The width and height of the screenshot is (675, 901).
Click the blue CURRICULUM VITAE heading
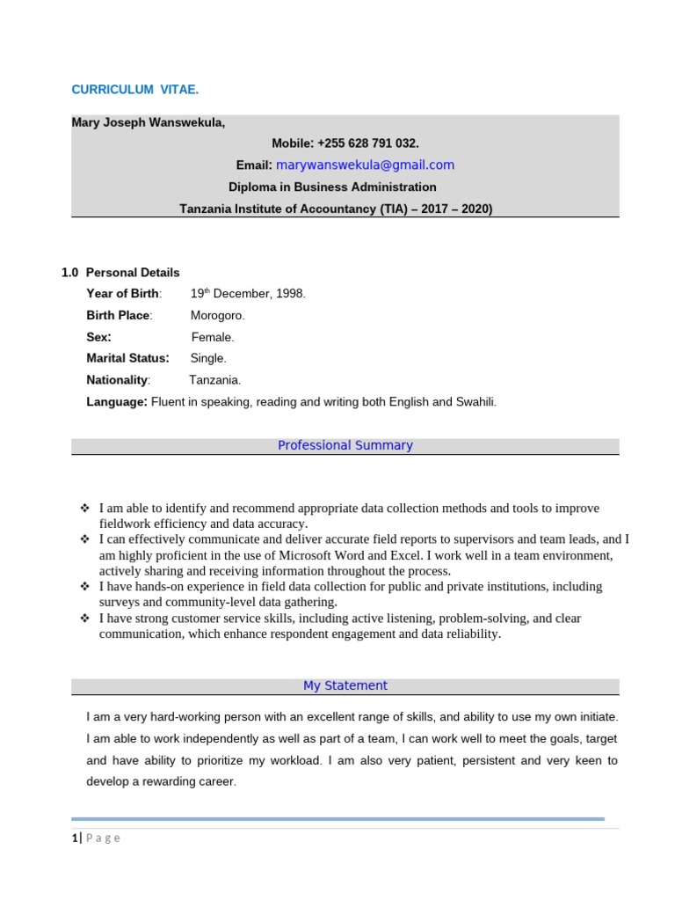click(134, 90)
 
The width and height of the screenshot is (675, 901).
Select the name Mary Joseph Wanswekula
click(148, 122)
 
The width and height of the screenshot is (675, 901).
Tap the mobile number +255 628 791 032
click(345, 143)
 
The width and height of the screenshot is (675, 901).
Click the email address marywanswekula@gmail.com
click(365, 165)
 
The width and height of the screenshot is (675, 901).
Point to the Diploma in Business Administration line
click(332, 187)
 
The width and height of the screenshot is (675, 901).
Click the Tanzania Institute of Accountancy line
click(336, 209)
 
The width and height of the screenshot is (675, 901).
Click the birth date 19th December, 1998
click(248, 294)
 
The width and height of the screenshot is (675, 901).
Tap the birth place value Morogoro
click(218, 315)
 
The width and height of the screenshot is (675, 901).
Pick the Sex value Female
click(213, 337)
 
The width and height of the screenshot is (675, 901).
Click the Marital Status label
click(127, 358)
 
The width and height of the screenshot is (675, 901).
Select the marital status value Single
click(208, 358)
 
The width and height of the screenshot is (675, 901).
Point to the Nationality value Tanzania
click(214, 380)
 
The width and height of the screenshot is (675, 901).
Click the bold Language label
click(116, 401)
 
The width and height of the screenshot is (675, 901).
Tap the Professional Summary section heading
click(345, 445)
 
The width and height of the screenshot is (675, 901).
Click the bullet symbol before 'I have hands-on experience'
click(85, 586)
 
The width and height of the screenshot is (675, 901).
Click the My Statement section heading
click(345, 685)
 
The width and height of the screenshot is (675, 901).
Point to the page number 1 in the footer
click(75, 838)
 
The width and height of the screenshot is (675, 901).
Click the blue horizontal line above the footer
click(337, 818)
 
